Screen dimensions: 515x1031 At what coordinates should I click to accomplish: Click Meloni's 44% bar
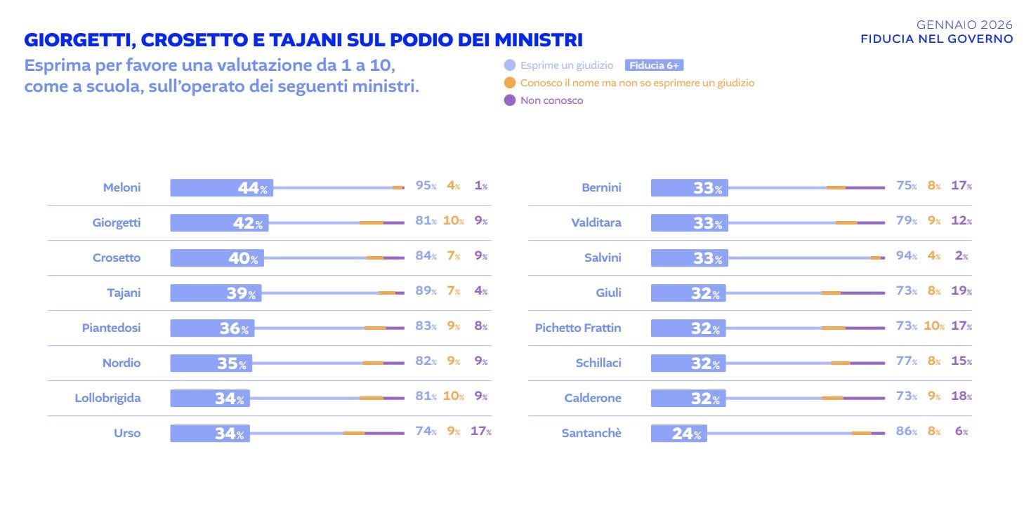coord(221,187)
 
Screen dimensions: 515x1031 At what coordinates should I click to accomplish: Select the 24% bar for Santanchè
coord(678,433)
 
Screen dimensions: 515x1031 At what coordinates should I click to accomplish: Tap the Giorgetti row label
coord(117,222)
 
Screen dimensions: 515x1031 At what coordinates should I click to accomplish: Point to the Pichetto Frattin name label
coord(578,328)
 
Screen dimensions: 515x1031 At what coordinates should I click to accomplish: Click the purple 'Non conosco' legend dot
coord(510,100)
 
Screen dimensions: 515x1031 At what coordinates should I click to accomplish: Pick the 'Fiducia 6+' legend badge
coord(654,65)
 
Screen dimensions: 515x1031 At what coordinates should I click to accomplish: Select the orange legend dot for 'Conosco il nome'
coord(510,83)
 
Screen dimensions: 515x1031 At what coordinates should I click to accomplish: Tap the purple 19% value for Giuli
coord(961,291)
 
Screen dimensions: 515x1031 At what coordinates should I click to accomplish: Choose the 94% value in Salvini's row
coord(906,256)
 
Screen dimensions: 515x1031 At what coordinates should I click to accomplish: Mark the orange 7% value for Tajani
coord(453,291)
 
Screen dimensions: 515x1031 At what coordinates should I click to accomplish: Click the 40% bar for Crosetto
coord(217,257)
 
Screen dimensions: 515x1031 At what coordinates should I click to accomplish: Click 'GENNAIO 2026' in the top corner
coord(964,25)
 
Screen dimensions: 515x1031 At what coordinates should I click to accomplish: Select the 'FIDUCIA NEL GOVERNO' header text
coord(937,39)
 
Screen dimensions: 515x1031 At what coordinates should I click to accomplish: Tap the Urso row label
coord(127,433)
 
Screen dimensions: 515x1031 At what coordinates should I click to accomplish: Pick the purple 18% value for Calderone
coord(961,396)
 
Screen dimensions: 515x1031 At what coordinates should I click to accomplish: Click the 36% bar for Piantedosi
coord(212,328)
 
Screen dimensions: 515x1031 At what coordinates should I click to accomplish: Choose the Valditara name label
coord(596,222)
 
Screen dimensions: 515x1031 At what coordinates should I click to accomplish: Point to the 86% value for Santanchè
coord(906,432)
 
